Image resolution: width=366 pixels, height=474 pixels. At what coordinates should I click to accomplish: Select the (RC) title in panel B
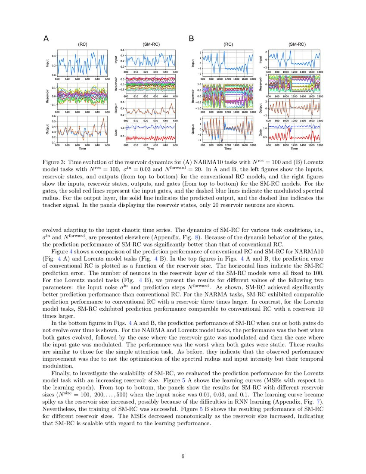pos(229,44)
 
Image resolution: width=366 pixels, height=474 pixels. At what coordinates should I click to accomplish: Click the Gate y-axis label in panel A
pos(116,132)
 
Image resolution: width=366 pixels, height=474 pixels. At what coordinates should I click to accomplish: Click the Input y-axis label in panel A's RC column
pos(47,63)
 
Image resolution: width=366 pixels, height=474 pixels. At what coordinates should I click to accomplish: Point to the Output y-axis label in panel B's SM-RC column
pos(261,107)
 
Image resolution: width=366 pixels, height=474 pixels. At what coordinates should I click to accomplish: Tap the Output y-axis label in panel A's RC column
pos(47,129)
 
